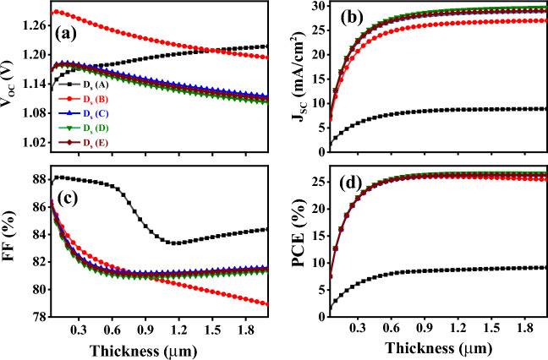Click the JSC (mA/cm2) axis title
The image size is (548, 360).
[x=295, y=78]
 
